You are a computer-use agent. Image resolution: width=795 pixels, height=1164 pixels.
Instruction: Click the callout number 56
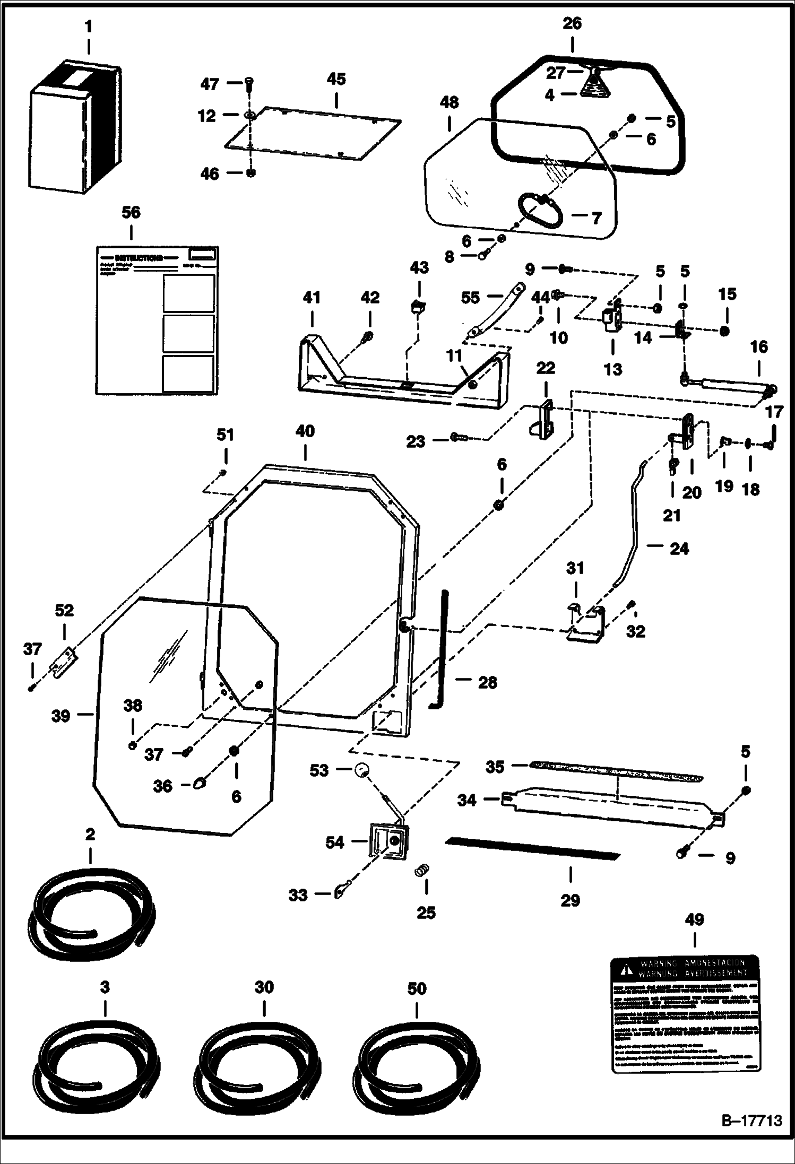(131, 212)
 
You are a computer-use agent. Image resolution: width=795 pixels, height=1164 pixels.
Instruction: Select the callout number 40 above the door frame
(305, 431)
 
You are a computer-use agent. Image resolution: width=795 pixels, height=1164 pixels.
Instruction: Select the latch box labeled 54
(390, 842)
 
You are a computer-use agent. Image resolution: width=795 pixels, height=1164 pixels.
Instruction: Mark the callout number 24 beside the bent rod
(679, 548)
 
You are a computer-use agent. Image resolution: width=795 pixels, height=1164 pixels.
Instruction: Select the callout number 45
(336, 79)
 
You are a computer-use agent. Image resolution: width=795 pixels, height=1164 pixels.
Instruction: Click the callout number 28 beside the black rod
(488, 682)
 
